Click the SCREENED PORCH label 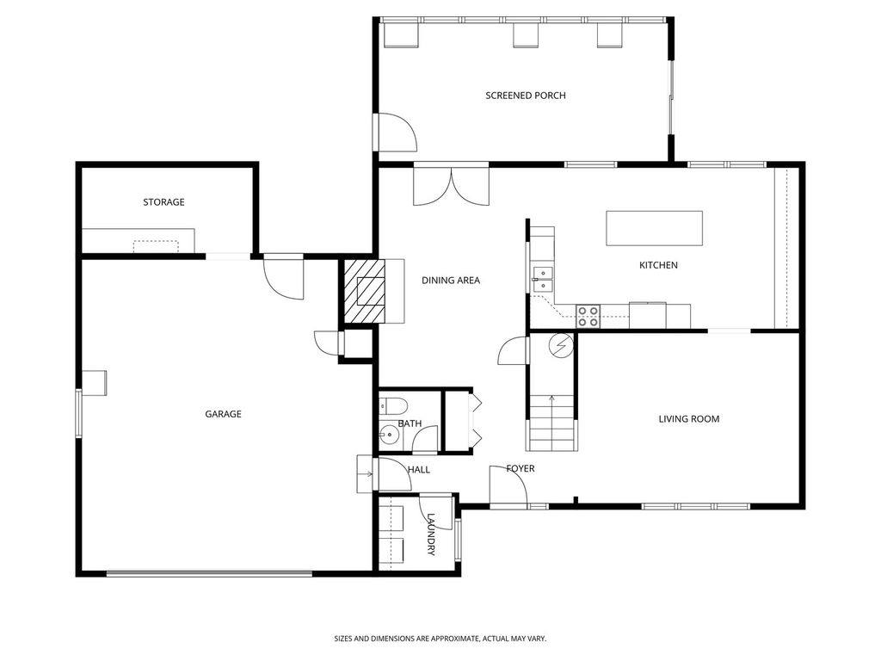(x=525, y=96)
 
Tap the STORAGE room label (x=163, y=202)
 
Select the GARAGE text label (x=223, y=414)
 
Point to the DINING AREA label (x=450, y=280)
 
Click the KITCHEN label (x=658, y=265)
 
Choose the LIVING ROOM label (x=688, y=419)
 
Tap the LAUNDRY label (x=431, y=534)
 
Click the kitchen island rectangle (x=654, y=228)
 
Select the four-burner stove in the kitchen (x=588, y=316)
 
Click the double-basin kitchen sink (x=543, y=277)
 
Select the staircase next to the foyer (x=550, y=422)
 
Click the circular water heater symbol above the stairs (x=560, y=345)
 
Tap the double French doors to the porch (x=451, y=185)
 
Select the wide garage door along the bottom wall (x=209, y=572)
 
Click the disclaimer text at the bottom (x=440, y=639)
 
